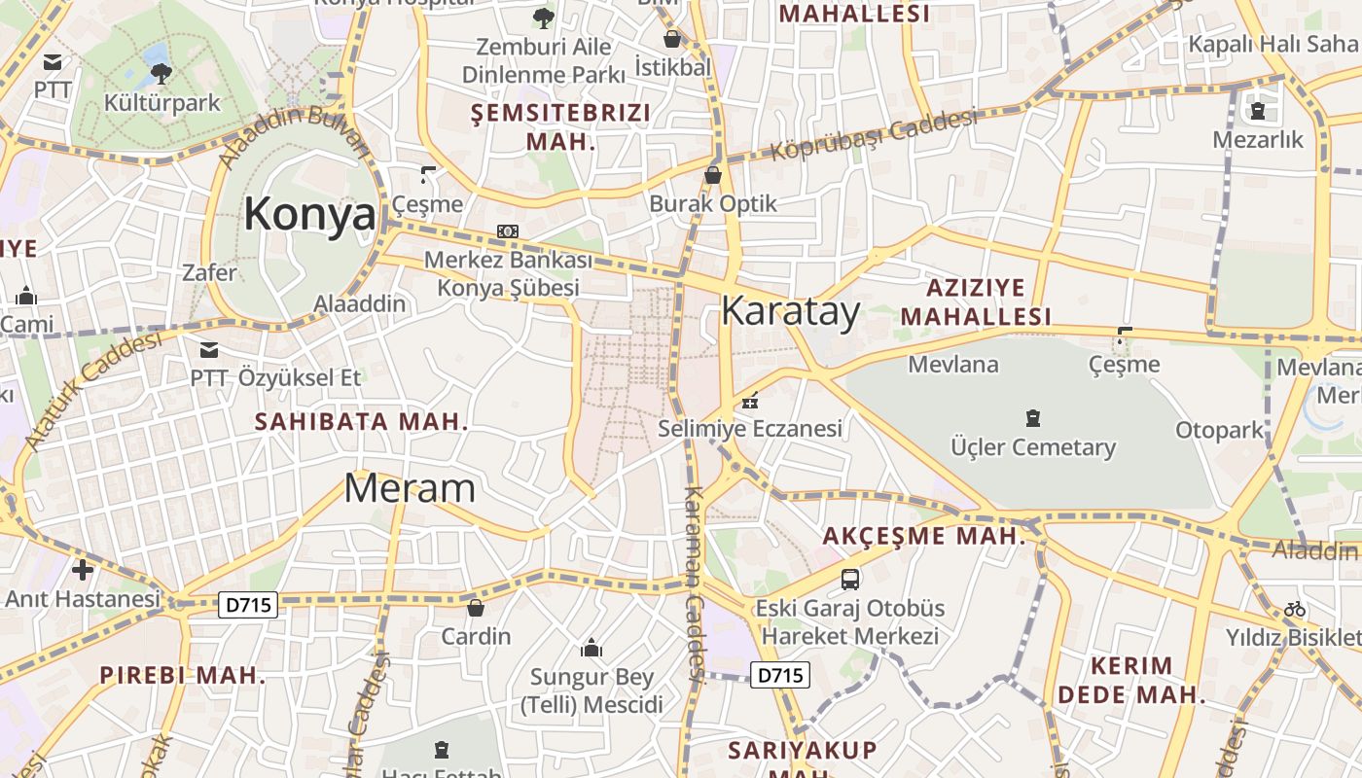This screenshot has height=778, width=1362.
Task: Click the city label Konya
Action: coord(309,214)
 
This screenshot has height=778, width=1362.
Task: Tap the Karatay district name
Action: coord(790,311)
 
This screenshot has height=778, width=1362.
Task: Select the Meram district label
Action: coord(410,488)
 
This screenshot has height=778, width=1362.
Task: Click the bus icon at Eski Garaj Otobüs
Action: coord(849,580)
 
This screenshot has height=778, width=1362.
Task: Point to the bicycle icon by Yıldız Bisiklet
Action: coord(1295,609)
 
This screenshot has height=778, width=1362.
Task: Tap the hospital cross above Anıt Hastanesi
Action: coord(83,569)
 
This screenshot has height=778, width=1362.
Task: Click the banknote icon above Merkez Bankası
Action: coord(508,231)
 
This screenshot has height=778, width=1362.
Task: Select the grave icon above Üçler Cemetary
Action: coord(1032,418)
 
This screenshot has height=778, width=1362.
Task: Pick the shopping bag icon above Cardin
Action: coord(476,608)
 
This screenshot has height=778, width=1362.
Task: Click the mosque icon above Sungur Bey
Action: coord(591,648)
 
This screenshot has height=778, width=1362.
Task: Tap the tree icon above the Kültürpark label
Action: coord(161,73)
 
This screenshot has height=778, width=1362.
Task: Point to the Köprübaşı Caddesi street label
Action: coord(874,135)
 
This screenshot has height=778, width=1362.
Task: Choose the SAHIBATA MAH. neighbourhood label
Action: coord(361,422)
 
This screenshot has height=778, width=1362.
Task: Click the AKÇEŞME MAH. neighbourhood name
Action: coord(923,536)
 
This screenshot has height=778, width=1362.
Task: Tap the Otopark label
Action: coord(1219,430)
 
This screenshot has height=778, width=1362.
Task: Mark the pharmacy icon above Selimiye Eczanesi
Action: coord(750,400)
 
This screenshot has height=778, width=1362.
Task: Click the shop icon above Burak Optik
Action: coord(713,175)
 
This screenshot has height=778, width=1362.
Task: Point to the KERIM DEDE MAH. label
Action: coord(1131,681)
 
